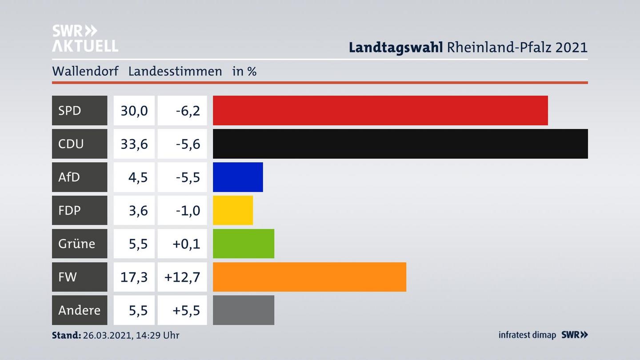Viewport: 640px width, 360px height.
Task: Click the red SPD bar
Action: click(x=380, y=110)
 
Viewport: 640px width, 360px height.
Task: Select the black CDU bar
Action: click(x=400, y=144)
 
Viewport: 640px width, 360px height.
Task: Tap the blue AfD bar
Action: click(x=238, y=177)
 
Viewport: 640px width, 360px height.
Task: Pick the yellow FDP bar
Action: click(x=233, y=210)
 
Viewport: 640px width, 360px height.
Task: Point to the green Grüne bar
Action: click(x=244, y=244)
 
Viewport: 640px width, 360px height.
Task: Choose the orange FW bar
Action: click(x=309, y=277)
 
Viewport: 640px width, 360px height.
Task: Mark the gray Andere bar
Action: click(x=244, y=310)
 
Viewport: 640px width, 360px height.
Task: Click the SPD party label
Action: click(x=70, y=110)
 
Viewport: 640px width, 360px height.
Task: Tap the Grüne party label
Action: click(x=76, y=244)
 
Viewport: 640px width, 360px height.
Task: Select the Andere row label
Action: click(x=79, y=310)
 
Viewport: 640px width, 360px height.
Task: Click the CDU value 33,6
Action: click(x=134, y=144)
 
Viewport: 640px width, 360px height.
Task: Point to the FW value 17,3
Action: click(x=134, y=277)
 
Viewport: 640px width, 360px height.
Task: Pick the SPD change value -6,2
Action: click(x=188, y=110)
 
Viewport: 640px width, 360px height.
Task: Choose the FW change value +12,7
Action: click(x=182, y=277)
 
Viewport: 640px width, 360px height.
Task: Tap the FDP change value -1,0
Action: click(x=188, y=210)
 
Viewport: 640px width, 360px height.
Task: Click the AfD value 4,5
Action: click(x=138, y=177)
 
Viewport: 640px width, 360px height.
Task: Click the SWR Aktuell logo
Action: click(x=85, y=38)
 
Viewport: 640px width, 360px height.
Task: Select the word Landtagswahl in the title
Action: click(x=396, y=47)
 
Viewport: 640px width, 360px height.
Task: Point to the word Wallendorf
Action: click(x=85, y=71)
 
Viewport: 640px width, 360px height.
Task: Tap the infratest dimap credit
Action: click(x=527, y=335)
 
